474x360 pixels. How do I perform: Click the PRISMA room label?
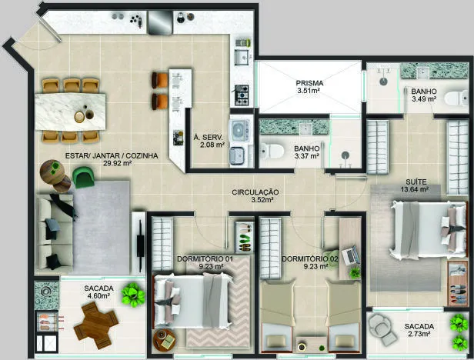point(309,83)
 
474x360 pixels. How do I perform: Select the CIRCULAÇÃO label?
point(255,192)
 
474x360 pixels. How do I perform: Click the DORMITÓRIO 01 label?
point(205,259)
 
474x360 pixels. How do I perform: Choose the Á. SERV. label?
point(208,137)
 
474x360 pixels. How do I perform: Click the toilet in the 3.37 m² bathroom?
point(272,150)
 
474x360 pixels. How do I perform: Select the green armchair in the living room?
point(83,177)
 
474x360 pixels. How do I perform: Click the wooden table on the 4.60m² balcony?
point(96,325)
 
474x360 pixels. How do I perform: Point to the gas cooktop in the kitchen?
point(242,95)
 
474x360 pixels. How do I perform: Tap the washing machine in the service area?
point(239,131)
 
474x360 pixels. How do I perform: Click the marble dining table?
point(71,112)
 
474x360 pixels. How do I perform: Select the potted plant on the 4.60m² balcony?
point(132,295)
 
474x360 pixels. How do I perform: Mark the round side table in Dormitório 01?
point(165,340)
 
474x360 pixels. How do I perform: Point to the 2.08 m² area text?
point(212,145)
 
